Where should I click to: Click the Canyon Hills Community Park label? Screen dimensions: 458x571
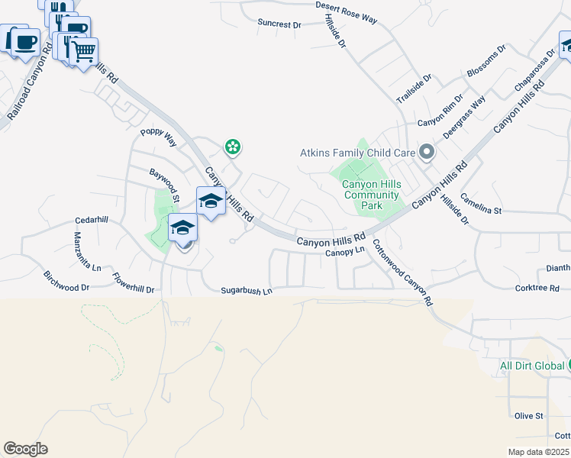tap(371, 195)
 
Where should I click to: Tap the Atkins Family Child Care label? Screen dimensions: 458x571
tap(357, 153)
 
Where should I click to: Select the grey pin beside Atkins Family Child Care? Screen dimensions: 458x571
tap(427, 153)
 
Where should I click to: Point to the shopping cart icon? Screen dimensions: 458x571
tap(84, 52)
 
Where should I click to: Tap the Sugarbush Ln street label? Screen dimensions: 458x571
tap(247, 291)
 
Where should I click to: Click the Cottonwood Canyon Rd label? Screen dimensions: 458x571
tap(402, 273)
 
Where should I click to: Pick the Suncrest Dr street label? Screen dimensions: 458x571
tap(279, 24)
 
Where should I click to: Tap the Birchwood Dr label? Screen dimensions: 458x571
tap(66, 282)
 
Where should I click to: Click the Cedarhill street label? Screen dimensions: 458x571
tap(92, 220)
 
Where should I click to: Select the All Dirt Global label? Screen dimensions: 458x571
tap(532, 366)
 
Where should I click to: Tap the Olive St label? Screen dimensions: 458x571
tap(528, 416)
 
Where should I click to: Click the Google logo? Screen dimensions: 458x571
tap(25, 449)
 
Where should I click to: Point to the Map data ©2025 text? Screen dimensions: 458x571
tap(539, 452)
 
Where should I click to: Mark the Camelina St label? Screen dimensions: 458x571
tap(486, 209)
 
